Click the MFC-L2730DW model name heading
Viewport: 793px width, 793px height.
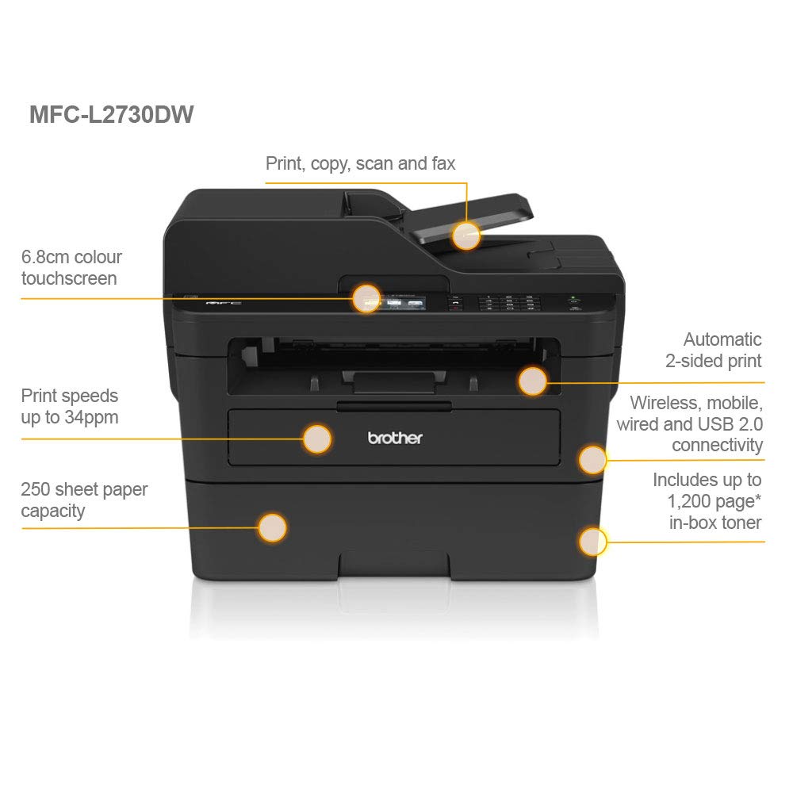[111, 114]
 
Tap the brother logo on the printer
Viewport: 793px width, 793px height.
[395, 438]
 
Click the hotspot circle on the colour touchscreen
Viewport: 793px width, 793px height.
[366, 297]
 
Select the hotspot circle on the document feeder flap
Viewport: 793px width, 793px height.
[466, 235]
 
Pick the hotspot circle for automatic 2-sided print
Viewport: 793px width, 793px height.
[533, 381]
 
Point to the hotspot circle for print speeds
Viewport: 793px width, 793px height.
[317, 439]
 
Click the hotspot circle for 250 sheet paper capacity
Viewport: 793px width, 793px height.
[272, 527]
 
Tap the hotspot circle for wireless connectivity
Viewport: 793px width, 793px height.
[592, 459]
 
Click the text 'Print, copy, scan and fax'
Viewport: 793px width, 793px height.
[360, 164]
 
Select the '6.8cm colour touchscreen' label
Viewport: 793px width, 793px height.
[71, 267]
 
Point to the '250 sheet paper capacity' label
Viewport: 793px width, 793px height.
[84, 500]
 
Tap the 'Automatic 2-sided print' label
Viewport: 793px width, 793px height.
[714, 350]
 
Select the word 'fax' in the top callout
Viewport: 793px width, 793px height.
[441, 164]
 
